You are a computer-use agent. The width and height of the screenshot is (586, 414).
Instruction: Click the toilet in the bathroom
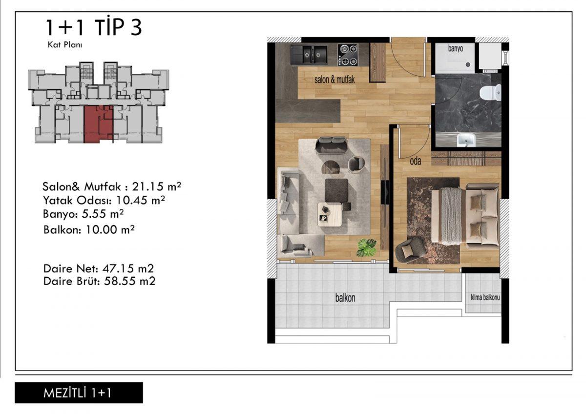tap(490, 92)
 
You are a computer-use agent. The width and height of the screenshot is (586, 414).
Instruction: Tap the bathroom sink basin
tap(466, 140)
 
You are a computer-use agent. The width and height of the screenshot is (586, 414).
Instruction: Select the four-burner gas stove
tap(348, 55)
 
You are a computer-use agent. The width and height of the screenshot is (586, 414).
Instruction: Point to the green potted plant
tap(367, 247)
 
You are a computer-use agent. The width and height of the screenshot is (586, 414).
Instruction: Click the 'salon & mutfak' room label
tap(335, 80)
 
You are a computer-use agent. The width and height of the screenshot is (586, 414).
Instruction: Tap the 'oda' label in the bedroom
tap(416, 161)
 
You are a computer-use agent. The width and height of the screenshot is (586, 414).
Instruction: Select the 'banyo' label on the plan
tap(456, 49)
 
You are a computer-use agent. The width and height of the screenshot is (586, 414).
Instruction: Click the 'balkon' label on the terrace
tap(345, 298)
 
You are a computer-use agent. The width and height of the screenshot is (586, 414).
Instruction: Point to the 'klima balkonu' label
tap(485, 297)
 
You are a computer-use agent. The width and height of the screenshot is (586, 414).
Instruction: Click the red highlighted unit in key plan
tap(98, 124)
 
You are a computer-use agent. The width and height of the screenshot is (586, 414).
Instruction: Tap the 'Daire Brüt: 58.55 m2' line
tap(100, 281)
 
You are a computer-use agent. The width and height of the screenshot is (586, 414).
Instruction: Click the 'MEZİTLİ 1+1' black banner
tap(79, 393)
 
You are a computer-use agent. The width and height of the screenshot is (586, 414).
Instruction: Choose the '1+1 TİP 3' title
tap(94, 27)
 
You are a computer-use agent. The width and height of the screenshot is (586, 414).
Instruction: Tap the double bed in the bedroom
tap(464, 214)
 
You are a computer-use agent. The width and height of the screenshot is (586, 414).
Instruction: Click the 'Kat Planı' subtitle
tap(65, 45)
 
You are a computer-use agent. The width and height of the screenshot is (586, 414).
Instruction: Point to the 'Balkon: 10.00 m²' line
tap(89, 229)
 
